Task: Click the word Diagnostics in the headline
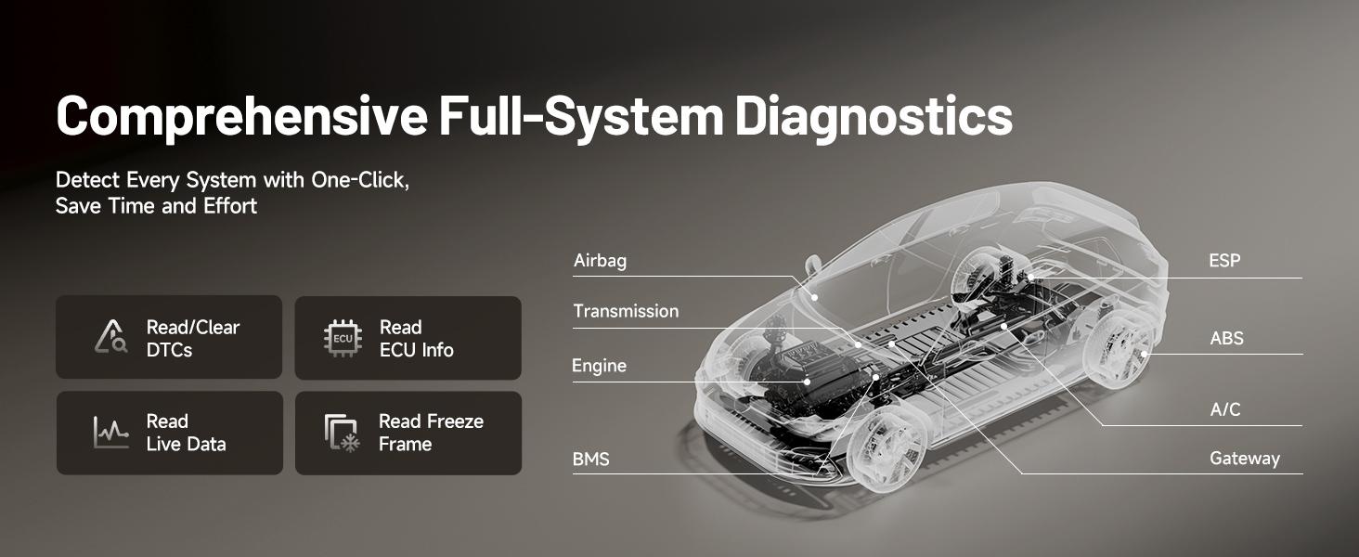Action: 874,118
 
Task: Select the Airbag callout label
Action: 600,261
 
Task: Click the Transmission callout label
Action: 626,311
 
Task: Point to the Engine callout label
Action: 599,366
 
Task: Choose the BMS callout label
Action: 591,459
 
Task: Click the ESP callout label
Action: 1224,261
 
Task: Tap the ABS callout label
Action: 1226,339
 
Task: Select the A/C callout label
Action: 1225,409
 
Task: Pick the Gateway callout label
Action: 1244,459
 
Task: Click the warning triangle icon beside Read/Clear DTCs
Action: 110,338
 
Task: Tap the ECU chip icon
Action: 343,339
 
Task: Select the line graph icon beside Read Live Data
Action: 110,433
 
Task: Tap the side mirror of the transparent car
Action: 814,266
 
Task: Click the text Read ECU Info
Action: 416,339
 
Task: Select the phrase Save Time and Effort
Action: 156,206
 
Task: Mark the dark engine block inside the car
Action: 808,376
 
